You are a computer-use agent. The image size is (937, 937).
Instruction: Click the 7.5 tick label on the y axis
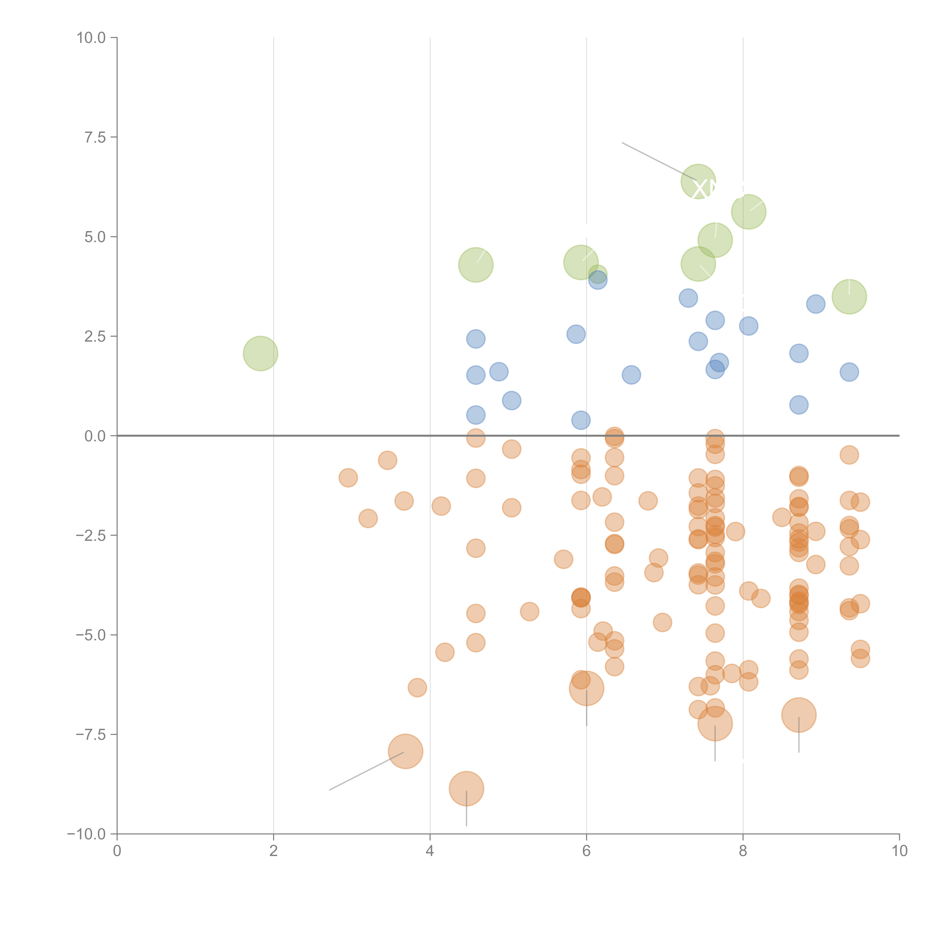(x=95, y=137)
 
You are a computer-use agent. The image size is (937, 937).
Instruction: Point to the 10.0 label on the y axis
(x=91, y=38)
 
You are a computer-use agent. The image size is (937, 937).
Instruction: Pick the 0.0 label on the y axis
(x=95, y=436)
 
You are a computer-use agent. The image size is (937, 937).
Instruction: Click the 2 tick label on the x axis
(x=274, y=851)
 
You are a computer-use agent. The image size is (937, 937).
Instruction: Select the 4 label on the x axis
(x=430, y=851)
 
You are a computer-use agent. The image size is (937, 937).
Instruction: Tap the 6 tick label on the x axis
(x=586, y=851)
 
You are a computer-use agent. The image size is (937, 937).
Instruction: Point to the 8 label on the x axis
(x=743, y=851)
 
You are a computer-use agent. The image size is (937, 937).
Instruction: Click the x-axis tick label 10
(x=899, y=851)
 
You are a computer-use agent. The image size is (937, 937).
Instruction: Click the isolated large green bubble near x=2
(x=260, y=353)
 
